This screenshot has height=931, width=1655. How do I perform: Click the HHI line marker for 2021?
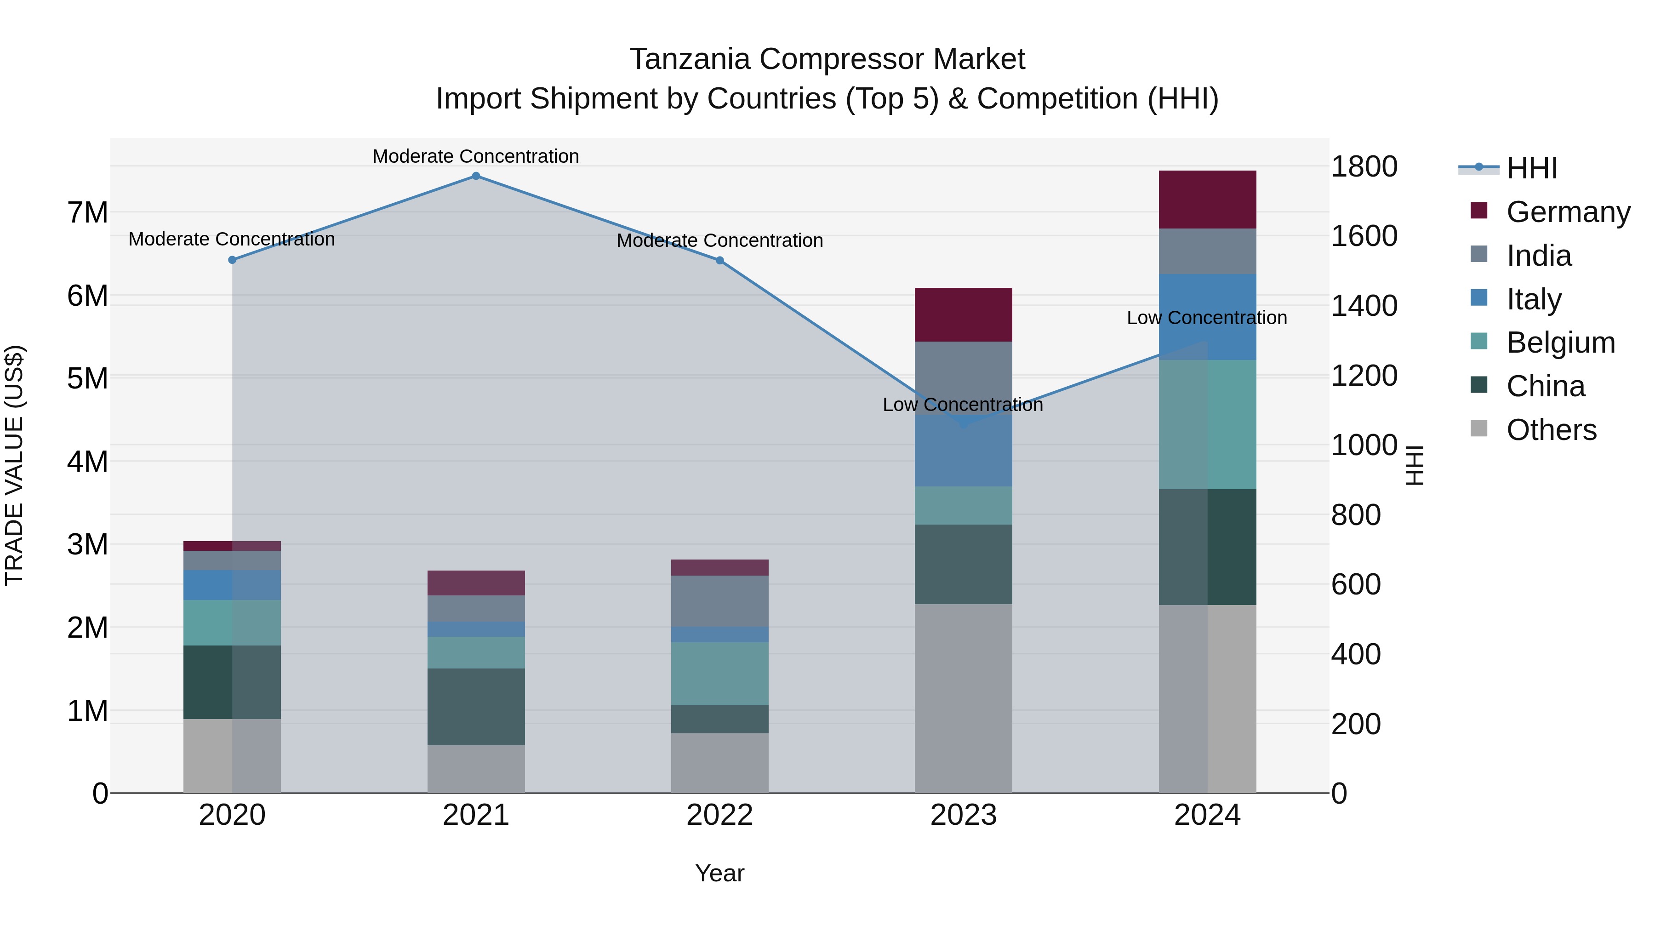(x=475, y=176)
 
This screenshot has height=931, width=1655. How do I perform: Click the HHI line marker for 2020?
(x=233, y=260)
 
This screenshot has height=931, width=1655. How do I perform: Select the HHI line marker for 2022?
(x=719, y=260)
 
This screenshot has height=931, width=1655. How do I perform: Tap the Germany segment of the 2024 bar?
(x=1207, y=200)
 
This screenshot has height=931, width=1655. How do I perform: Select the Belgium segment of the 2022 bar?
(x=719, y=674)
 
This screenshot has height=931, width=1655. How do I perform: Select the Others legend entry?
(x=1551, y=430)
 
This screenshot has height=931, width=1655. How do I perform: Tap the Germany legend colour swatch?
(x=1478, y=211)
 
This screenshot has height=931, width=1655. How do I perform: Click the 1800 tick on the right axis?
(x=1364, y=167)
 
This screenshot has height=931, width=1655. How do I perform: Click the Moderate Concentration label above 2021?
(x=475, y=156)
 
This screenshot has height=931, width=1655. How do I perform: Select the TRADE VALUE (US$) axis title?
(x=14, y=465)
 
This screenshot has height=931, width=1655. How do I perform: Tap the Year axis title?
(x=719, y=873)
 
